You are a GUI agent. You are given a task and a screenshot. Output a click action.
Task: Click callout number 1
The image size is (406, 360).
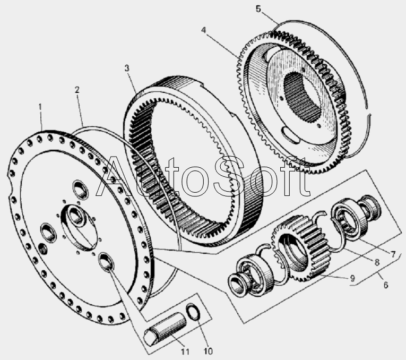[x=40, y=107]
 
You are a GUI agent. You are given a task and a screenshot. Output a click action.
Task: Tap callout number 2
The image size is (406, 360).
[x=77, y=90]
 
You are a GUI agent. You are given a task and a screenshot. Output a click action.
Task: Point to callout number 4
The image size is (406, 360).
[x=203, y=29]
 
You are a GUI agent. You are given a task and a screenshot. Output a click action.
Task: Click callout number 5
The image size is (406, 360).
[x=272, y=9]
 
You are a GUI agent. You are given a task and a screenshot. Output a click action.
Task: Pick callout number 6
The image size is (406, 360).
[x=385, y=285]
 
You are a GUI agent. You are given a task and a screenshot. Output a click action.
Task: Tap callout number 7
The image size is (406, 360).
[x=393, y=254]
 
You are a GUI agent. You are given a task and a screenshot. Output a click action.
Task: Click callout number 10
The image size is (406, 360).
[x=208, y=351]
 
